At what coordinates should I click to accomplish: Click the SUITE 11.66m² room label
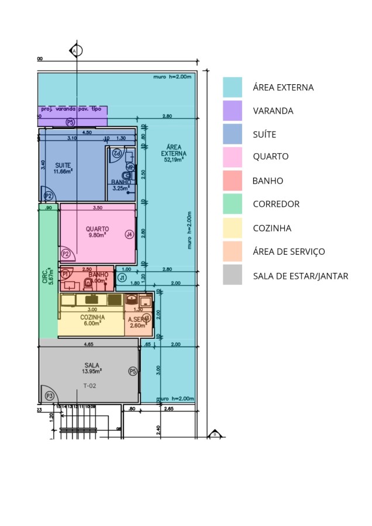(x=63, y=168)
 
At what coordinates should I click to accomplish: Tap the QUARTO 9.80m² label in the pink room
(x=97, y=232)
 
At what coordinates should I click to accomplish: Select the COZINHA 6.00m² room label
(x=92, y=320)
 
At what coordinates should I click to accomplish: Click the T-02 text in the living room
(x=90, y=385)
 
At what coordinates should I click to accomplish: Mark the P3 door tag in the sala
(x=50, y=396)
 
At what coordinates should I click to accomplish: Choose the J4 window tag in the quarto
(x=129, y=234)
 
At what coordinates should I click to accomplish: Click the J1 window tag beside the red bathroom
(x=122, y=278)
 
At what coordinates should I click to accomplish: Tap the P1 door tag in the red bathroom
(x=66, y=273)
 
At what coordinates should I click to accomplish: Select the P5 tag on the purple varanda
(x=70, y=122)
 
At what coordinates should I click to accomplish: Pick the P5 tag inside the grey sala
(x=133, y=371)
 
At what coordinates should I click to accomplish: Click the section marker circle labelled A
(x=75, y=51)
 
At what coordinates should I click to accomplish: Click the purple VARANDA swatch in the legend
(x=232, y=110)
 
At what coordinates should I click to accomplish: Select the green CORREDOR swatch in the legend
(x=232, y=204)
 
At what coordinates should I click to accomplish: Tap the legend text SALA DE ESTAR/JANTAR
(x=300, y=276)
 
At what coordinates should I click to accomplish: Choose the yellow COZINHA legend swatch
(x=232, y=228)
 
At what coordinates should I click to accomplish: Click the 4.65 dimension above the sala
(x=89, y=344)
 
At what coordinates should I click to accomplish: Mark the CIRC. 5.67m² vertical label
(x=47, y=276)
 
